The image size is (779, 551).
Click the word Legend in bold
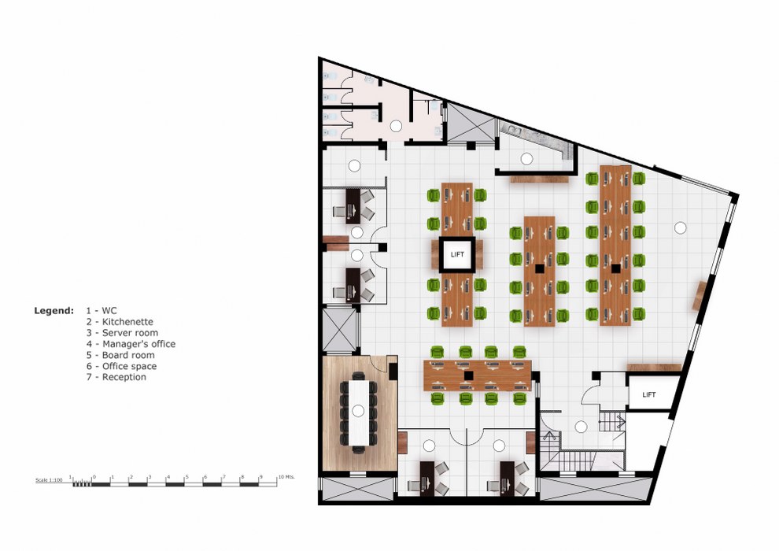[x=54, y=310]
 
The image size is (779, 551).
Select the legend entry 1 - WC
[x=102, y=310]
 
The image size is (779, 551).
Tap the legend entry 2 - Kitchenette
[x=120, y=321]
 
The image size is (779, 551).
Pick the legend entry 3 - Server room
[x=122, y=332]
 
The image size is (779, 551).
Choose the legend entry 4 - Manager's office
[x=131, y=344]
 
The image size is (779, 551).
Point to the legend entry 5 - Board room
[x=120, y=355]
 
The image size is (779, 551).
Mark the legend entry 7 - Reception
[x=116, y=377]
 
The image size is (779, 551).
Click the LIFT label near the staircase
[x=649, y=394]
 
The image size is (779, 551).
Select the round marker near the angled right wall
[x=680, y=227]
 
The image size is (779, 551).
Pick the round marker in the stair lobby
[x=581, y=427]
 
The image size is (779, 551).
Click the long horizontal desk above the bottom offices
[x=478, y=375]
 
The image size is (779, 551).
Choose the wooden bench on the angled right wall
[x=698, y=295]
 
